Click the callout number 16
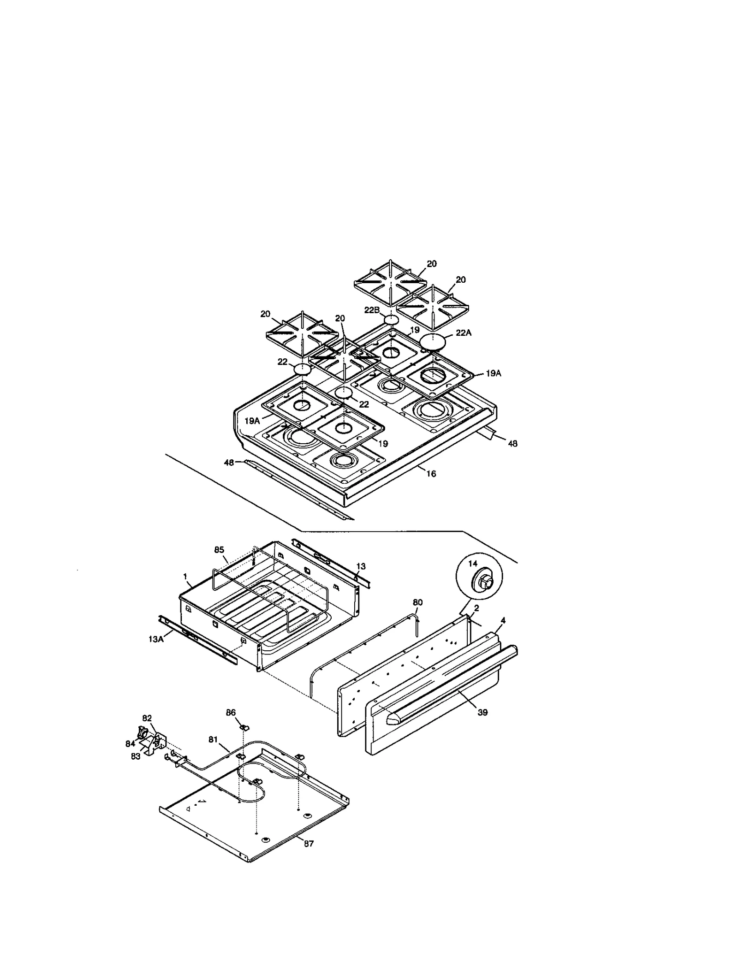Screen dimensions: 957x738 coord(431,474)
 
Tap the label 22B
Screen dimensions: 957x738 coord(372,310)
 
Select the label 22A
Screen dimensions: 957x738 coord(464,333)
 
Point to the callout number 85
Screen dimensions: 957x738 coord(219,549)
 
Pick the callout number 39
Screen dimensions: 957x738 coord(482,712)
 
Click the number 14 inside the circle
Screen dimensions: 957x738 coord(473,564)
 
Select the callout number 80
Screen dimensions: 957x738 coord(417,602)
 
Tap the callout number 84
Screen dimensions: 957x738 coord(131,743)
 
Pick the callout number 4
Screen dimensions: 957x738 coord(503,621)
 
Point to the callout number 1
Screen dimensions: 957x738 coord(185,577)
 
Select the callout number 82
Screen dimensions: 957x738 coord(147,718)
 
